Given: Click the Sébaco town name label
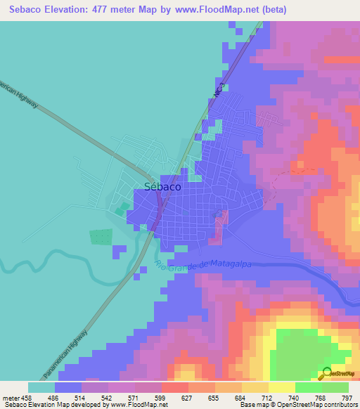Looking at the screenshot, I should click(162, 187).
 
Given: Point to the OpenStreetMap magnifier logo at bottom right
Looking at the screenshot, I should click(328, 375).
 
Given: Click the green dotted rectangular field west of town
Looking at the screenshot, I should click(101, 237).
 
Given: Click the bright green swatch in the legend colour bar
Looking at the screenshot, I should click(308, 387).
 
